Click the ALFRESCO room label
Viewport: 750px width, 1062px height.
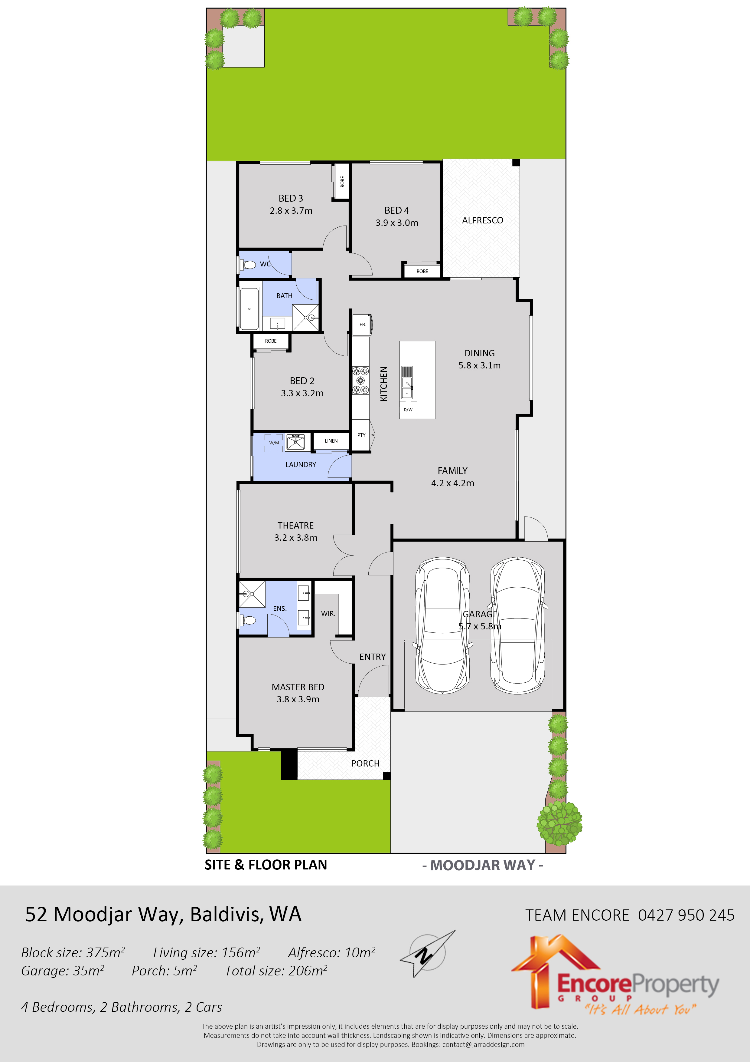(482, 220)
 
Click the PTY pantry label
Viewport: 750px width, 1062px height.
(361, 435)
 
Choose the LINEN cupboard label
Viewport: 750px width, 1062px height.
(331, 441)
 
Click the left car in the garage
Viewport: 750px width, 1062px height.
(443, 625)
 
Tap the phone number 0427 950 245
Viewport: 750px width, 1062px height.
(686, 915)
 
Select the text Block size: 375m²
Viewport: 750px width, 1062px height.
(73, 952)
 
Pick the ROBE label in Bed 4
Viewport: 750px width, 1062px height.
(422, 271)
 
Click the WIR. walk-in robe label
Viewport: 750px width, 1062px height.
(328, 613)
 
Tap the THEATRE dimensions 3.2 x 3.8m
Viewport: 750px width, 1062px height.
(296, 537)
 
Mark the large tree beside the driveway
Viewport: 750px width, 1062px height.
(559, 823)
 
